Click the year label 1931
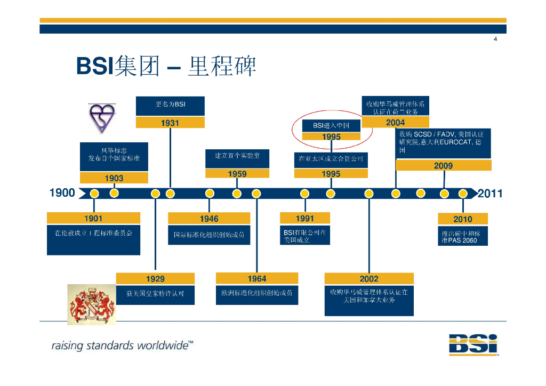[x=170, y=123]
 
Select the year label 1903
[x=114, y=179]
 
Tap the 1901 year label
[x=93, y=218]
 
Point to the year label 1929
[x=155, y=279]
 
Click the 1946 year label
[x=209, y=219]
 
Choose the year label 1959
[x=237, y=174]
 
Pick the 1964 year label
[x=256, y=278]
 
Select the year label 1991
[x=304, y=218]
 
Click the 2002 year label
[x=368, y=279]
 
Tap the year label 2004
[x=395, y=123]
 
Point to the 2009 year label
[x=443, y=166]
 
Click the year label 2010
[x=462, y=219]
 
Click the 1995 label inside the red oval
[x=331, y=137]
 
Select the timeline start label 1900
[x=62, y=193]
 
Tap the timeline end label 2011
[x=490, y=194]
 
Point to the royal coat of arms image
[x=91, y=304]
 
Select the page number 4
[x=495, y=39]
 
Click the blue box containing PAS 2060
[x=463, y=237]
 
